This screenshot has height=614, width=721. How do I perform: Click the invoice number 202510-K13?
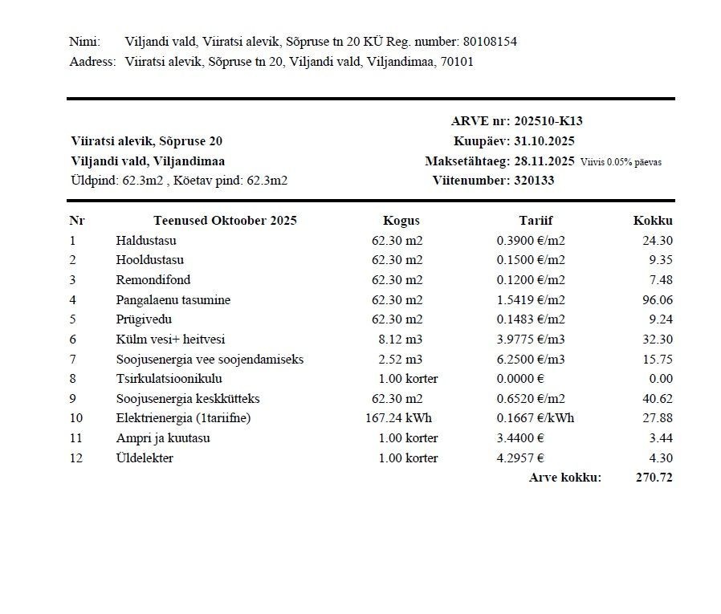point(548,121)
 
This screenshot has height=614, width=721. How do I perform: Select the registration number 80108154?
point(490,42)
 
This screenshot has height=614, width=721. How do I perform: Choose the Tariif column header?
point(536,221)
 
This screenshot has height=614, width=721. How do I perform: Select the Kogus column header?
point(401,221)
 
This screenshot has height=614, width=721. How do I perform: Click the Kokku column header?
point(653,221)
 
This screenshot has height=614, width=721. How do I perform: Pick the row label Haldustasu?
point(146,241)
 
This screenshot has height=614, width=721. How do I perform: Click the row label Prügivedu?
point(144,319)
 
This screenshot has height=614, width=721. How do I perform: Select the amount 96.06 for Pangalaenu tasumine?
point(658,300)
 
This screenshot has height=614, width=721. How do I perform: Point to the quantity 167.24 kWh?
point(401,418)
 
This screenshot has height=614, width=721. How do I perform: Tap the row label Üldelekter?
point(145,458)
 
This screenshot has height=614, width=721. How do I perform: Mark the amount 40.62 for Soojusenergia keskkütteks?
point(658,399)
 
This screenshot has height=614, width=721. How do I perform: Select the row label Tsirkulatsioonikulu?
point(169,379)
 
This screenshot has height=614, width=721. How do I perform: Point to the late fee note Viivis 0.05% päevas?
point(621,162)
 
